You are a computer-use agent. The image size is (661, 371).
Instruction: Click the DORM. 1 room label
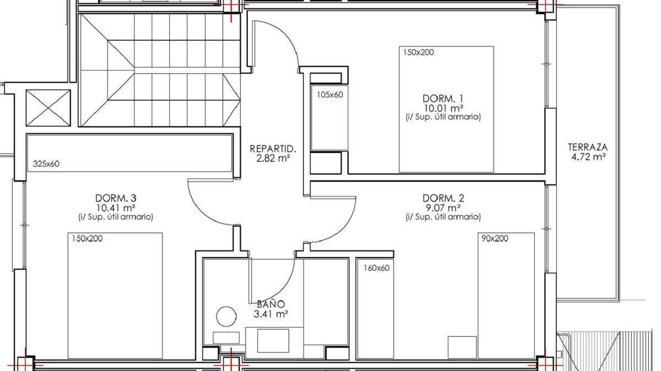pyautogui.click(x=443, y=98)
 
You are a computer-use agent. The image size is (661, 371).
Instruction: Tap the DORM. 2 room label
pyautogui.click(x=443, y=198)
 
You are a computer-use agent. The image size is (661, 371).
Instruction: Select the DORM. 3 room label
pyautogui.click(x=116, y=198)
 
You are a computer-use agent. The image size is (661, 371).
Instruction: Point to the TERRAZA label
pyautogui.click(x=588, y=147)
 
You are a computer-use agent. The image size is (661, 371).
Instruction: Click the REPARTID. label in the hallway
pyautogui.click(x=273, y=149)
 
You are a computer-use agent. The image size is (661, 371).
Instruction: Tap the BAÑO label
pyautogui.click(x=270, y=303)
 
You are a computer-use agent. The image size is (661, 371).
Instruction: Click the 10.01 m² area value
pyautogui.click(x=443, y=108)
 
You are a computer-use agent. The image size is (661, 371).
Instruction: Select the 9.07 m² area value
pyautogui.click(x=443, y=208)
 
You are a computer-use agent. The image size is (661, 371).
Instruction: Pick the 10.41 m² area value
pyautogui.click(x=116, y=208)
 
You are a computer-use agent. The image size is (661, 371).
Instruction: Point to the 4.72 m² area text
pyautogui.click(x=588, y=156)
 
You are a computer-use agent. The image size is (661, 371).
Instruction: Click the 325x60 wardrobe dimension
pyautogui.click(x=46, y=163)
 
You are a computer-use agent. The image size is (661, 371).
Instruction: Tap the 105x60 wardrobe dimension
pyautogui.click(x=330, y=95)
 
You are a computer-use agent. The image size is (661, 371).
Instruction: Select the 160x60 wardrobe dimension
pyautogui.click(x=376, y=268)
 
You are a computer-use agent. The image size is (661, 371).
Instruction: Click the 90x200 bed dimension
pyautogui.click(x=495, y=238)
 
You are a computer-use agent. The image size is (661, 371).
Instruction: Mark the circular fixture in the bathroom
pyautogui.click(x=226, y=317)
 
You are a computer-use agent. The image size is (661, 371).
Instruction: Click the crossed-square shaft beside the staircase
pyautogui.click(x=48, y=108)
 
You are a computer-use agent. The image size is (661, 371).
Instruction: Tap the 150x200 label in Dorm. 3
pyautogui.click(x=87, y=238)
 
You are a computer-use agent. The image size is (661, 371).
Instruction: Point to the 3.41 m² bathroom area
pyautogui.click(x=270, y=314)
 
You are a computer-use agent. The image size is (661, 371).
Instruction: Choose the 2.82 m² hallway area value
pyautogui.click(x=273, y=159)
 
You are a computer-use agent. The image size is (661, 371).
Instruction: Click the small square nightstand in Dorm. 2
pyautogui.click(x=462, y=347)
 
